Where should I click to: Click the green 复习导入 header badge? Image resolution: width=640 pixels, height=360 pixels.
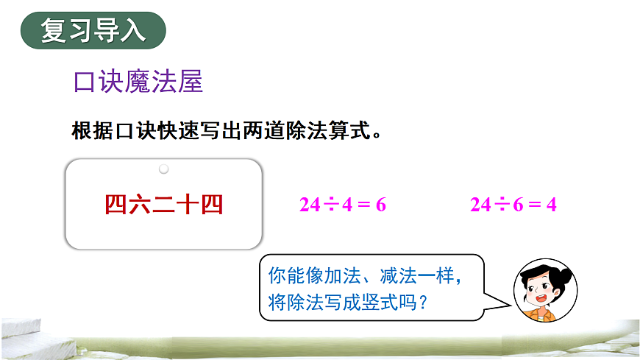point(93,31)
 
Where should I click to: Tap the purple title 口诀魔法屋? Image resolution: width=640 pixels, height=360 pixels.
point(138,81)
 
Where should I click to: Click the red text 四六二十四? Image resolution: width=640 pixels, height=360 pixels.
point(163,204)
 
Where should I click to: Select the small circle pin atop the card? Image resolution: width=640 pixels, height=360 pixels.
point(164,169)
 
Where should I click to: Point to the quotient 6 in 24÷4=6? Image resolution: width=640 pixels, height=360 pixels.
point(380,205)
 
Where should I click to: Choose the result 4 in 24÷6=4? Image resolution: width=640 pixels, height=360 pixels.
point(551,205)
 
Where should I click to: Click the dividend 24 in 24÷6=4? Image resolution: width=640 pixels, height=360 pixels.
point(480,205)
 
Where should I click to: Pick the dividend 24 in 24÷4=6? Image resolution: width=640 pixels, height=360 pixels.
point(310,205)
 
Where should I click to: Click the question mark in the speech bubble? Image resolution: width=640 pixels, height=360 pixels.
point(422,303)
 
